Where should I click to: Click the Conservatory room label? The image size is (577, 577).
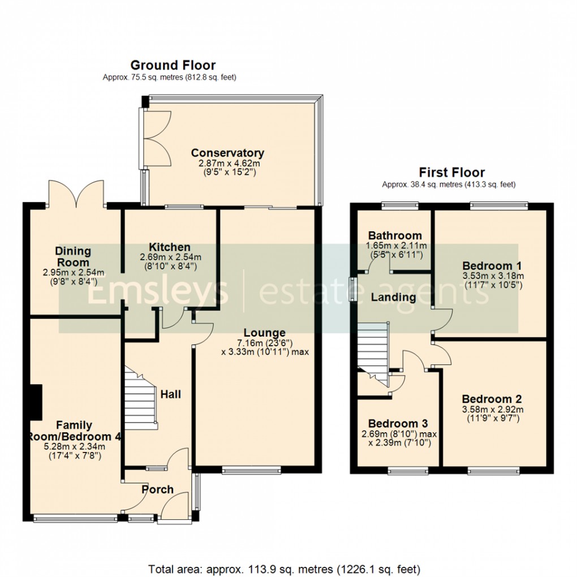click(x=227, y=153)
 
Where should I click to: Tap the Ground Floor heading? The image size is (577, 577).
click(x=173, y=66)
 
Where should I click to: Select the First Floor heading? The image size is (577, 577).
click(x=451, y=172)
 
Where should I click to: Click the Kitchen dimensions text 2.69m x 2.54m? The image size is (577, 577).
click(x=170, y=257)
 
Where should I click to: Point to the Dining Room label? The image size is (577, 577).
click(x=73, y=256)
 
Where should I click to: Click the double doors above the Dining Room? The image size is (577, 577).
click(x=76, y=192)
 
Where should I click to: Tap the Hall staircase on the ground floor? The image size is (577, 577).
click(x=139, y=396)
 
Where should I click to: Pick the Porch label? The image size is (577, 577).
click(x=157, y=489)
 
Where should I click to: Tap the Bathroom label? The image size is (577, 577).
click(x=395, y=235)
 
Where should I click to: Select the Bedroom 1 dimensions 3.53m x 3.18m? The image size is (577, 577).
click(x=492, y=276)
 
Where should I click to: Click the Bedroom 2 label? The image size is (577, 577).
click(x=492, y=398)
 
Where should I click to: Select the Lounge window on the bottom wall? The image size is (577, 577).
click(x=251, y=469)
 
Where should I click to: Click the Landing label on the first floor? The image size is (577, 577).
click(x=393, y=297)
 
